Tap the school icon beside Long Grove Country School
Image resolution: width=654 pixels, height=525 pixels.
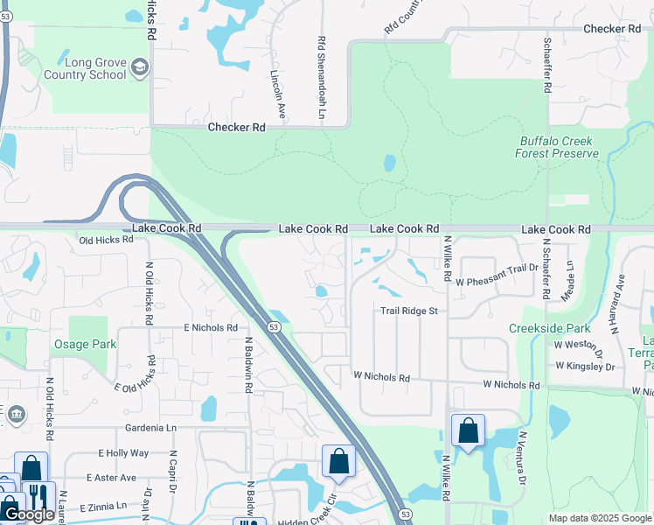pos(140,67)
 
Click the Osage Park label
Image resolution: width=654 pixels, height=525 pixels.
pos(84,344)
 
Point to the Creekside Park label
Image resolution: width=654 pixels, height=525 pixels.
pos(551,328)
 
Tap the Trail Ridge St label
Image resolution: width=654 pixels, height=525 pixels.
pos(408,311)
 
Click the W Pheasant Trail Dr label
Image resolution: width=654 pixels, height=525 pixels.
pos(496,282)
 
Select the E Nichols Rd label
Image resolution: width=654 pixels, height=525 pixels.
pos(211,327)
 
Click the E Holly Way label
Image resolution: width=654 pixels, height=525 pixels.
pos(123,453)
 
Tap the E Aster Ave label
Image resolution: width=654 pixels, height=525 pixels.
pos(112,478)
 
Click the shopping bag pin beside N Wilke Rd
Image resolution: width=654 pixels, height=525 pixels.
pos(468,431)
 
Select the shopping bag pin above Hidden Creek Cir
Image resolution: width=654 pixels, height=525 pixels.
pos(338,462)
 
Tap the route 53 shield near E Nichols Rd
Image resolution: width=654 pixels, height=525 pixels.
pos(275,326)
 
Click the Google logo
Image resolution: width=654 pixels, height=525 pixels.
pos(28,514)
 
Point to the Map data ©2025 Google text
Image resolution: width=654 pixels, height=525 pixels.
pos(599,518)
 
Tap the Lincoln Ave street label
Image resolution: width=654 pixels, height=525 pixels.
pos(278,94)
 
